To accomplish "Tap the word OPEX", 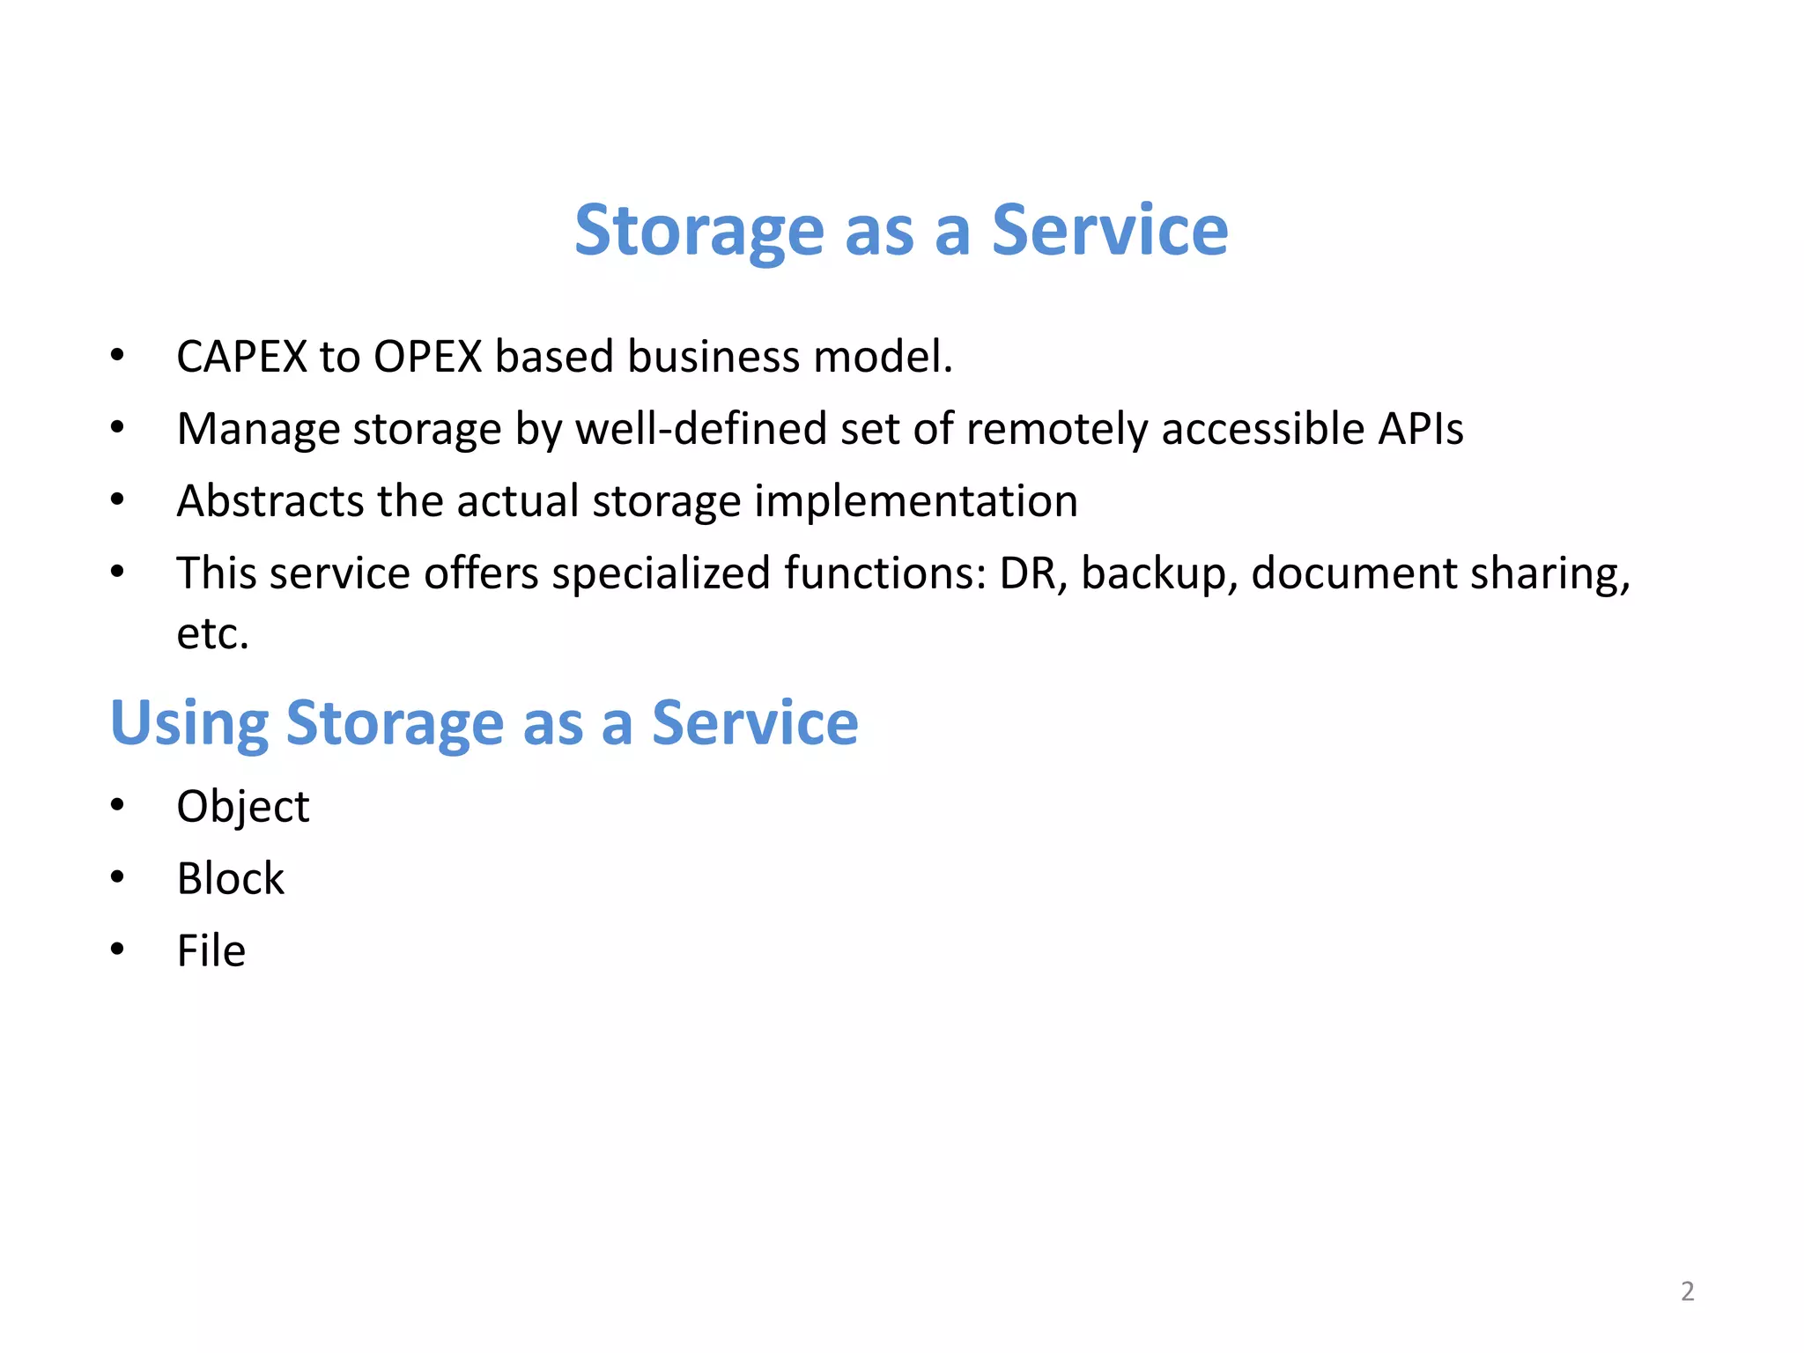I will pos(428,357).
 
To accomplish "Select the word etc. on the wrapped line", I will pos(212,634).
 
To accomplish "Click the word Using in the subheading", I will pos(189,723).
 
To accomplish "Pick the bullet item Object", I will pos(243,806).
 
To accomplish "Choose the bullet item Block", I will pos(231,878).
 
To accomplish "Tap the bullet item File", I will pos(211,950).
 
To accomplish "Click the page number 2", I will pos(1687,1291).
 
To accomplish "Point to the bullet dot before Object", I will pos(117,805).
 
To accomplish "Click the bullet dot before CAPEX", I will pos(117,356).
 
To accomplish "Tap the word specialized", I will pos(661,573).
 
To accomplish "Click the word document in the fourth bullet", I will pos(1353,573).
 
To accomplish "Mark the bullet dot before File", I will pos(117,950).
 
